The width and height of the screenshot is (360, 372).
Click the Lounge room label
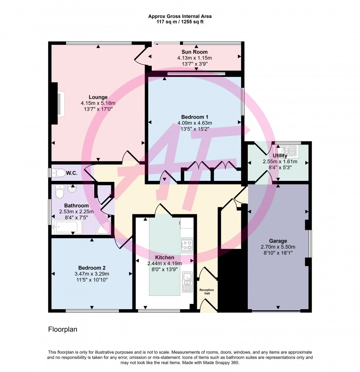pyautogui.click(x=98, y=97)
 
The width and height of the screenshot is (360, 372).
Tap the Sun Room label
pyautogui.click(x=194, y=52)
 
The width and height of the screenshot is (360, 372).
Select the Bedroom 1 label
pyautogui.click(x=194, y=117)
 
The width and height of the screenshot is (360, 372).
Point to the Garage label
pyautogui.click(x=278, y=241)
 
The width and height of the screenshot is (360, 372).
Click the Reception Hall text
pyautogui.click(x=206, y=292)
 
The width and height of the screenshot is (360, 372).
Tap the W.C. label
pyautogui.click(x=72, y=173)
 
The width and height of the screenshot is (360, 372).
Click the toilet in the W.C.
pyautogui.click(x=59, y=173)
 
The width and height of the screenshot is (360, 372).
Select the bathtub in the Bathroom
pyautogui.click(x=67, y=227)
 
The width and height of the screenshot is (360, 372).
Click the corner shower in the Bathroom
pyautogui.click(x=103, y=227)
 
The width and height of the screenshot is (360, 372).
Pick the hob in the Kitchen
pyautogui.click(x=187, y=245)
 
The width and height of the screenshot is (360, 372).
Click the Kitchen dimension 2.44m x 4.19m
pyautogui.click(x=164, y=263)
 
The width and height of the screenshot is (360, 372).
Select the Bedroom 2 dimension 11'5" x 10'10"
pyautogui.click(x=92, y=280)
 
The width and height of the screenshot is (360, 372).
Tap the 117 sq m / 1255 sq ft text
pyautogui.click(x=180, y=22)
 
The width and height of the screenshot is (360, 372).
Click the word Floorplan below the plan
pyautogui.click(x=63, y=329)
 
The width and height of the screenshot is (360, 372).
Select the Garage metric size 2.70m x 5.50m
pyautogui.click(x=278, y=247)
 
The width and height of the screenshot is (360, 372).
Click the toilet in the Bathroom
pyautogui.click(x=59, y=192)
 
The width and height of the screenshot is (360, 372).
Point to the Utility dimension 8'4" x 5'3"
pyautogui.click(x=280, y=167)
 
